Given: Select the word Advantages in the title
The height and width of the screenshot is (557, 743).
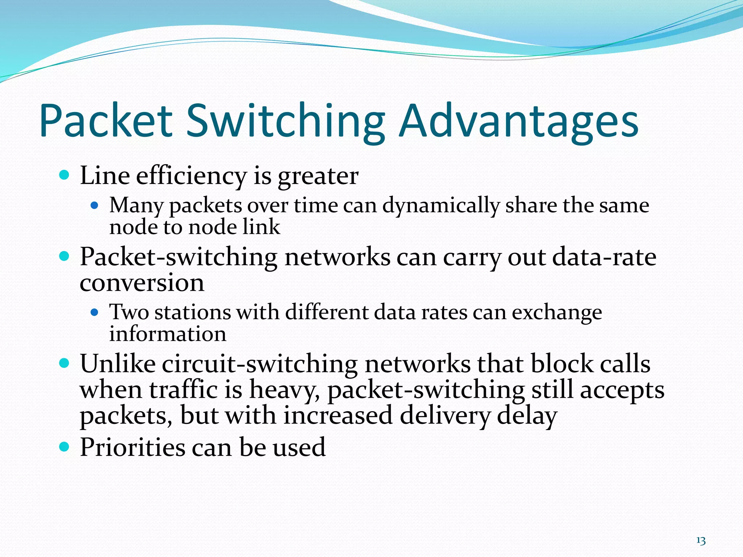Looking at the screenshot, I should (x=518, y=121).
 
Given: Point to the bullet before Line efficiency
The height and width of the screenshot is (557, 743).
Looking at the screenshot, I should (x=64, y=176).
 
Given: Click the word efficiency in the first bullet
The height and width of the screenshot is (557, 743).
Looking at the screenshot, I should (x=191, y=176).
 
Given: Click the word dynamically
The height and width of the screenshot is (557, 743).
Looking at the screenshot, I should (x=441, y=206).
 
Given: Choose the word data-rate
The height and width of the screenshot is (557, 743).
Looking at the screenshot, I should (x=604, y=257).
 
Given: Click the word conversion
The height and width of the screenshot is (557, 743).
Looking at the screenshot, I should (x=142, y=283).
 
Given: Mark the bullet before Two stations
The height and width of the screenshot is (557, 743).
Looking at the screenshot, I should (x=94, y=312).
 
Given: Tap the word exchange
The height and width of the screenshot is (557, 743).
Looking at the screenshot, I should (x=557, y=313).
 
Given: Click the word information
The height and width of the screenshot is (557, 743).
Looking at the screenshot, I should (x=168, y=334).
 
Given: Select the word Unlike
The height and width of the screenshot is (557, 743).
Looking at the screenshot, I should (x=118, y=364).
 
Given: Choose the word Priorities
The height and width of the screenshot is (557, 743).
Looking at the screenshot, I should (x=132, y=447).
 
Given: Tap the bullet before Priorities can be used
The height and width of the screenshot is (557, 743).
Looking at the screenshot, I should (x=64, y=447).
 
